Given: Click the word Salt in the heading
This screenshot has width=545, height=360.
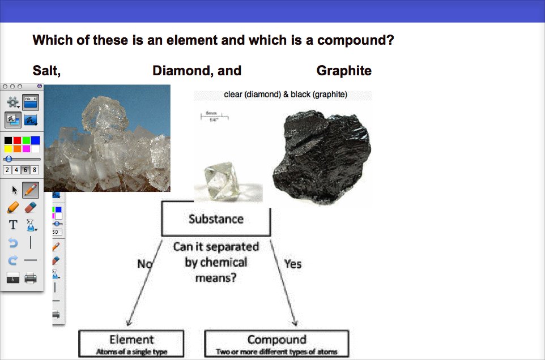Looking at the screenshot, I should [46, 71].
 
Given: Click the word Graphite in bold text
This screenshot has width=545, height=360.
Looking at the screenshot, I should [344, 71].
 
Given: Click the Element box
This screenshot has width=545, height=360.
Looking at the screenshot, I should [131, 344].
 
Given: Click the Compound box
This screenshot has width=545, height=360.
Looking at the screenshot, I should [276, 344].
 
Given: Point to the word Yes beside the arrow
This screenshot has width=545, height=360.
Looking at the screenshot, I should [292, 264].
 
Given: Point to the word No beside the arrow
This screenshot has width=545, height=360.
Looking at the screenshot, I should [144, 264].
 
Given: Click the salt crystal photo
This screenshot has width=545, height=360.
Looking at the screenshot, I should [108, 139].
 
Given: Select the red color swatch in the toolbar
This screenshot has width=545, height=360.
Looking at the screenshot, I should [17, 140].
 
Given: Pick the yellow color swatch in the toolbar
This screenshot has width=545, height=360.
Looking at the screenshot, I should [8, 149].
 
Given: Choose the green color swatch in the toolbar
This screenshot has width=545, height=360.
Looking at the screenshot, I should [26, 140].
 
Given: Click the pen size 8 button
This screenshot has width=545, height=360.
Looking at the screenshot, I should [35, 170].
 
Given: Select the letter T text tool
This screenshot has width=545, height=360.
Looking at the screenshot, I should [13, 225].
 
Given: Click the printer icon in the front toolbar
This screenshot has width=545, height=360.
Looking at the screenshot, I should [31, 278].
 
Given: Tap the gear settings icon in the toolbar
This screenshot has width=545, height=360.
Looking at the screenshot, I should [12, 102].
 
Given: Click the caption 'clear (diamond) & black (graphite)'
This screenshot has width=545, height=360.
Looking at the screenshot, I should [286, 95].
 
